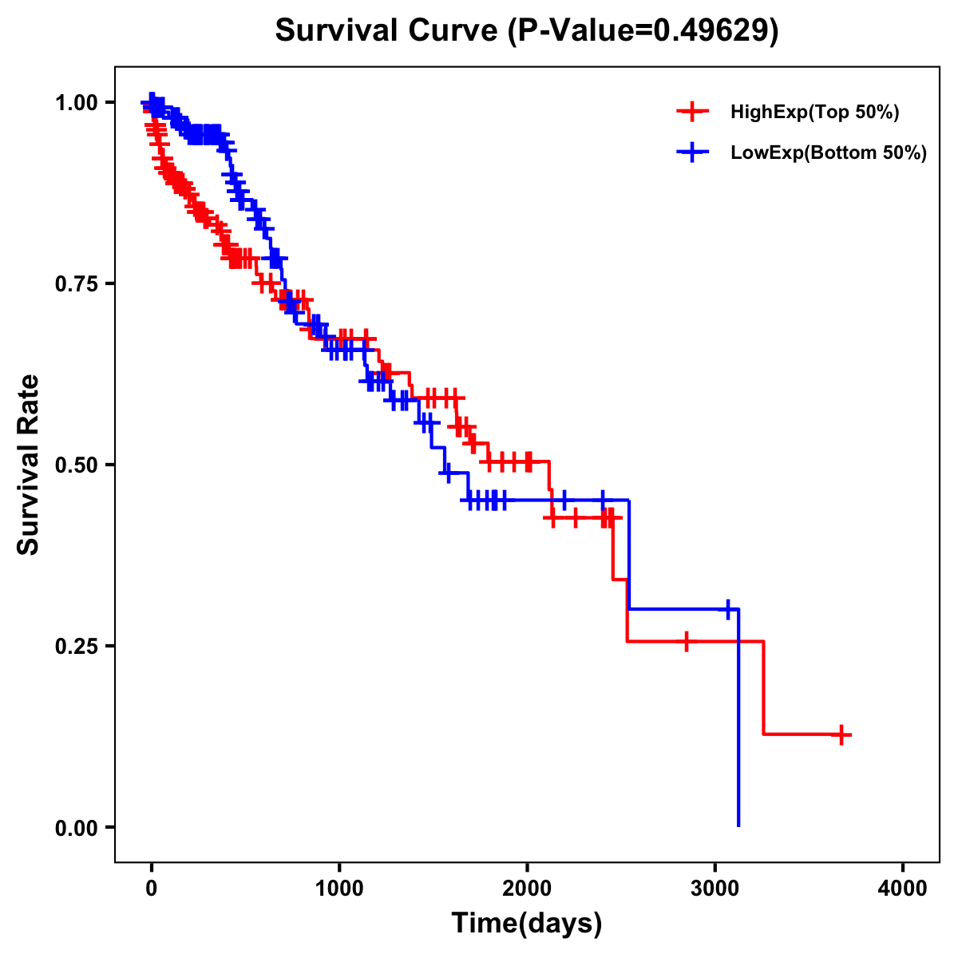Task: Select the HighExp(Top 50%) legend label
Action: tap(814, 113)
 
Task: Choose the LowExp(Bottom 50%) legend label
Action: tap(828, 153)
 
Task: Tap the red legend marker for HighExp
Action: tap(692, 113)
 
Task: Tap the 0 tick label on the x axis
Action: tap(151, 889)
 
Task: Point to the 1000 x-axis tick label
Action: tap(339, 889)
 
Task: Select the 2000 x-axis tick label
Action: tap(527, 889)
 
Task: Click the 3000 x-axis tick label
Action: tap(715, 889)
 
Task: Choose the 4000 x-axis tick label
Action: tap(903, 889)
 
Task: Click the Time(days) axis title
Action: tap(527, 924)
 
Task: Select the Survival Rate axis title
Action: tap(30, 465)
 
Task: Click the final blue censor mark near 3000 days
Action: tap(727, 609)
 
